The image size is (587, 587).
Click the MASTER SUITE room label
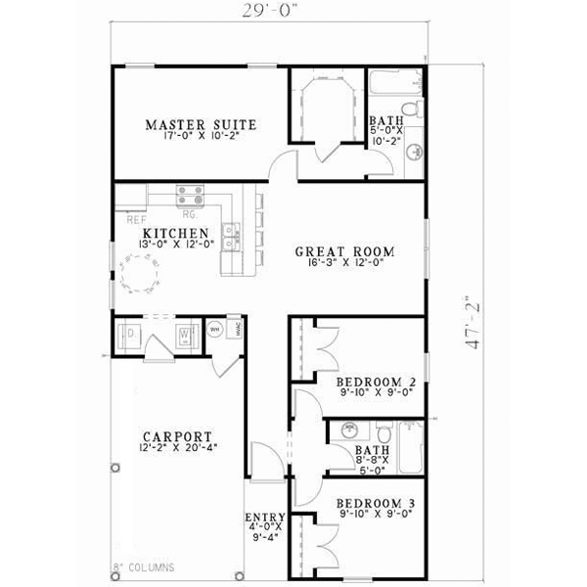coord(201,124)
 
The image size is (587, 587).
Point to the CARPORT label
coord(177,436)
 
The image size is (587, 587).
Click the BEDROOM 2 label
coord(377,382)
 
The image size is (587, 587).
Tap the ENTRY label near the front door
coord(265,518)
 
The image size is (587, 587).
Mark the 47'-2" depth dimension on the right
coord(474,323)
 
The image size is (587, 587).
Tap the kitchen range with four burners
coord(190,195)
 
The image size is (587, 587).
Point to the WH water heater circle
coord(213,330)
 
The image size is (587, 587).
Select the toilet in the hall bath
coord(384,433)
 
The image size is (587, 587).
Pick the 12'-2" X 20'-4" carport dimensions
coord(177,448)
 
